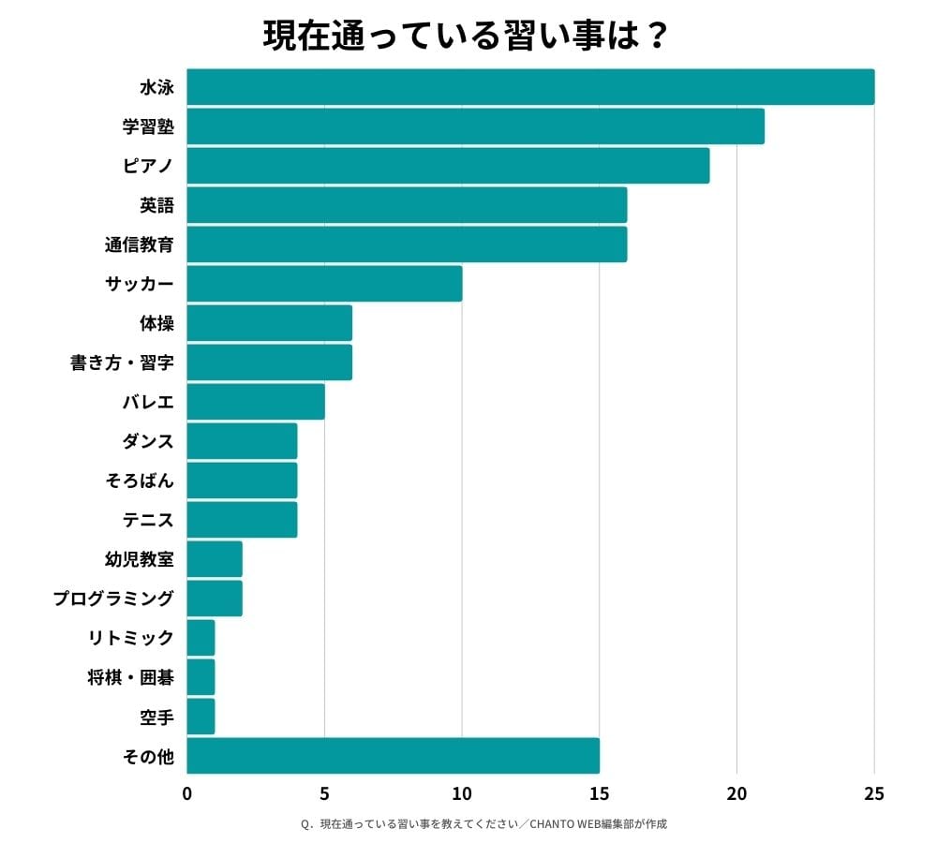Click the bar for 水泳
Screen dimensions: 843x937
tap(530, 87)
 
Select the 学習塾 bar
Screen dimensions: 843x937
tap(475, 126)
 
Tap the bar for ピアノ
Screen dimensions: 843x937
tap(448, 166)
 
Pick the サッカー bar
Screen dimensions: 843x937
tap(324, 284)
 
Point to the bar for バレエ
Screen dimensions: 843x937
tap(256, 402)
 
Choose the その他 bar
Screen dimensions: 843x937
tap(393, 756)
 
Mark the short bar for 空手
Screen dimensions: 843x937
tap(201, 717)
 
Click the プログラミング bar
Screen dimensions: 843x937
tap(215, 599)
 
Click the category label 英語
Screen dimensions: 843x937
tap(156, 205)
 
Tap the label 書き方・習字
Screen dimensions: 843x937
tap(122, 362)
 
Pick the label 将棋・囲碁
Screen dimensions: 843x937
tap(130, 677)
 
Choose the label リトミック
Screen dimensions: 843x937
tap(130, 638)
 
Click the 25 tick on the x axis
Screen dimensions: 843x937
tap(874, 794)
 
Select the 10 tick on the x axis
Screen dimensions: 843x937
tap(462, 794)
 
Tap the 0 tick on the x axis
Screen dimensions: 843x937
tap(187, 794)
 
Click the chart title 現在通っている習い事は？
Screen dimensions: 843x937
tap(466, 36)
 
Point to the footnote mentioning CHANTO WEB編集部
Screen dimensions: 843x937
tap(483, 824)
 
